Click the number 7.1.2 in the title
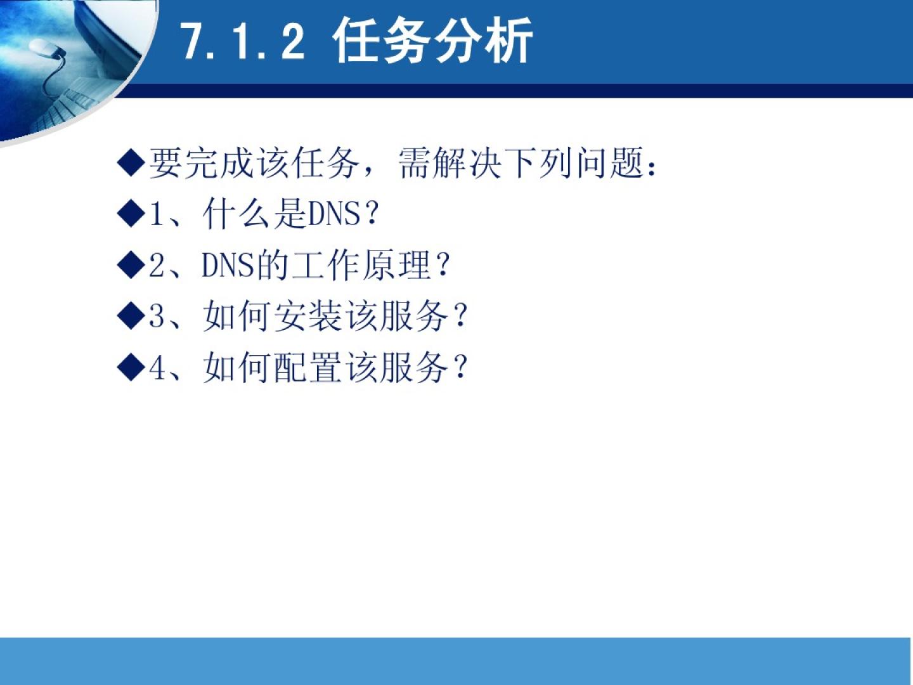[x=244, y=41]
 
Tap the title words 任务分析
[x=432, y=41]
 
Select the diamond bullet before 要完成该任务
[x=131, y=162]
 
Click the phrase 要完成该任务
[x=254, y=163]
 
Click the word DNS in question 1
[x=333, y=214]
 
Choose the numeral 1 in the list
[x=156, y=214]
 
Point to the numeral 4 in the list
[x=157, y=367]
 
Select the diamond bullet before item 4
[x=131, y=367]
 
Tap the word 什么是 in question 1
[x=254, y=214]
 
